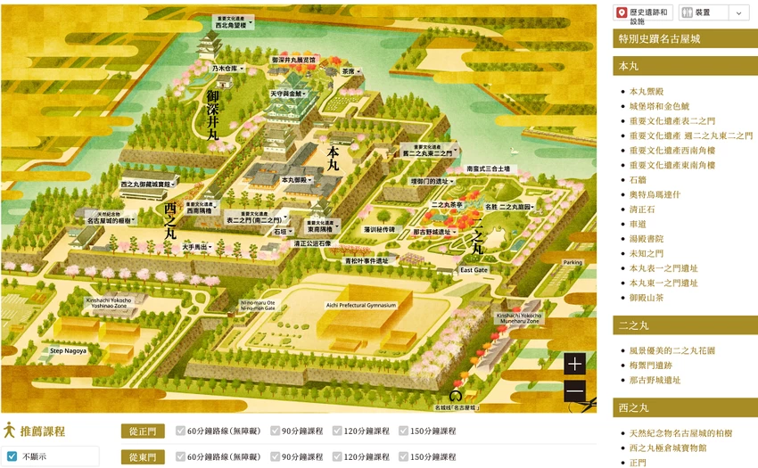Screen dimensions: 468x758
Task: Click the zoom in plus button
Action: (x=574, y=365)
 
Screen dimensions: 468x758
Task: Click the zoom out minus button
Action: (x=574, y=391)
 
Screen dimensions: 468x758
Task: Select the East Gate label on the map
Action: (x=474, y=270)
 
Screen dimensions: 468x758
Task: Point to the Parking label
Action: (x=572, y=263)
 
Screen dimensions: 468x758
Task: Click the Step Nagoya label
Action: (x=68, y=351)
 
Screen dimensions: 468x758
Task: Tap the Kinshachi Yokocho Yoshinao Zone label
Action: (x=109, y=303)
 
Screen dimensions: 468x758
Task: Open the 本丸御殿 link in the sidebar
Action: (x=647, y=91)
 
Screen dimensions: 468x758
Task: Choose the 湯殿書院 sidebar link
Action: (x=647, y=239)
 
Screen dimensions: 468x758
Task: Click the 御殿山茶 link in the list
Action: (x=647, y=298)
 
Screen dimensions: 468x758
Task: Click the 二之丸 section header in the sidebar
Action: (x=685, y=325)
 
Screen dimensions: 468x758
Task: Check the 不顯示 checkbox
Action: (x=12, y=457)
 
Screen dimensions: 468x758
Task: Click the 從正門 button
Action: (x=143, y=431)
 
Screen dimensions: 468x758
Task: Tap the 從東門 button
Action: (x=143, y=457)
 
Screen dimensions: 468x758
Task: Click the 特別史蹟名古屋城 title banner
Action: (x=685, y=39)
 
